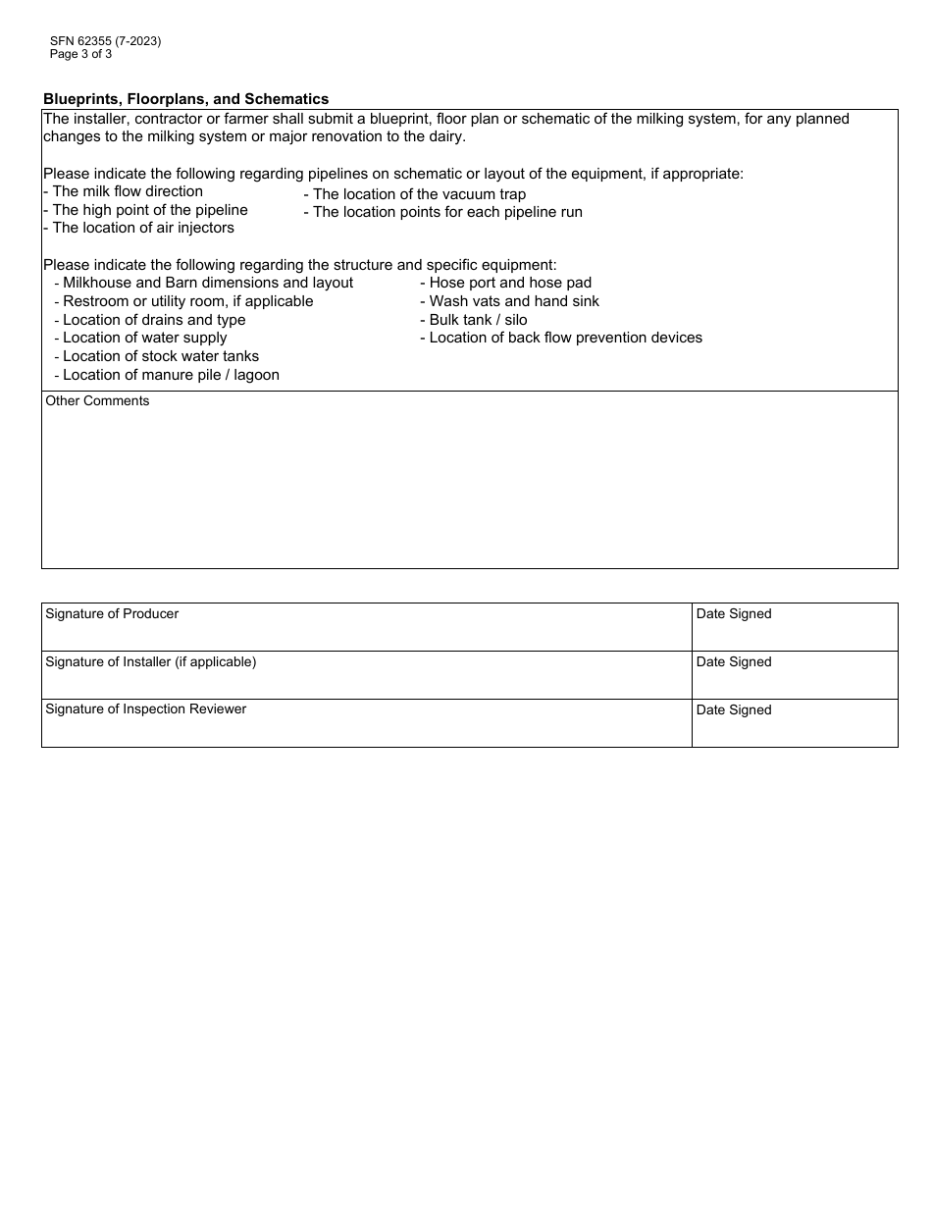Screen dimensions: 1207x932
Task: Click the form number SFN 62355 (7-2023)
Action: (x=105, y=41)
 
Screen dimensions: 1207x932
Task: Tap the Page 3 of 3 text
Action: (x=80, y=54)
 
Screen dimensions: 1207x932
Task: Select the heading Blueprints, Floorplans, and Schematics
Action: (x=186, y=99)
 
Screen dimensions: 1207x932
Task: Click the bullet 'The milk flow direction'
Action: (x=124, y=191)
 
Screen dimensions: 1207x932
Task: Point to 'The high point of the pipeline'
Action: (x=146, y=210)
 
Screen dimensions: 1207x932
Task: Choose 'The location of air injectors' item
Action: (x=139, y=228)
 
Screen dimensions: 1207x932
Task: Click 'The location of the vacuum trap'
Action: (x=415, y=194)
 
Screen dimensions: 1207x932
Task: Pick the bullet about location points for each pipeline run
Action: (x=443, y=212)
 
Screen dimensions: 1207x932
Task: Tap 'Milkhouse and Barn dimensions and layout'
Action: (x=204, y=283)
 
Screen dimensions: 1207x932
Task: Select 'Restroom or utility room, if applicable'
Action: (x=184, y=301)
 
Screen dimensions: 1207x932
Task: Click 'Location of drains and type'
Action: (x=150, y=320)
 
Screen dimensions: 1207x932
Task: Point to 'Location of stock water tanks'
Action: (x=157, y=356)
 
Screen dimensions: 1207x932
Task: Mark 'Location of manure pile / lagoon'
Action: (x=167, y=375)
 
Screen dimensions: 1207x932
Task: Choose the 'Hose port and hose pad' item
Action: (x=506, y=283)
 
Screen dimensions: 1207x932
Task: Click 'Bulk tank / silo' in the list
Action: (x=474, y=320)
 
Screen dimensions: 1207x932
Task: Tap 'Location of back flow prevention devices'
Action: (x=561, y=338)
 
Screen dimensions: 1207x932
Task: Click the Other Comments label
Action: (x=97, y=400)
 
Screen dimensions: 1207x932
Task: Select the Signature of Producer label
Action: (x=112, y=613)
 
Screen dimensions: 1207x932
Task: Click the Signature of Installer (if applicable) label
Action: (x=150, y=661)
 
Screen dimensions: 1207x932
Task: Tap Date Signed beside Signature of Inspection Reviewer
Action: (x=734, y=709)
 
